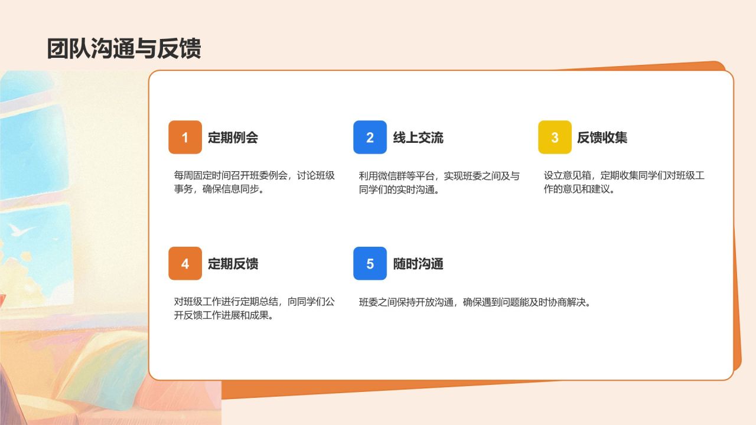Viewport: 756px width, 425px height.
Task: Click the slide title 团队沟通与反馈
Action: (x=124, y=48)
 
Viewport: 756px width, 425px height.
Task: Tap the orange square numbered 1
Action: (x=185, y=138)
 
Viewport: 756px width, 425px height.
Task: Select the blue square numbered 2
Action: (x=370, y=138)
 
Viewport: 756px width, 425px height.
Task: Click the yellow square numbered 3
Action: (x=555, y=138)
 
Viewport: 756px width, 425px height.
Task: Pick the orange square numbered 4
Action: (x=185, y=263)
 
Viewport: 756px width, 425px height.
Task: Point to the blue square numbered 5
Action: (x=370, y=263)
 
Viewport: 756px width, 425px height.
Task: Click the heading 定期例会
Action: (x=233, y=138)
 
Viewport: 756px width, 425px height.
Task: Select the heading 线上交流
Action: (x=418, y=138)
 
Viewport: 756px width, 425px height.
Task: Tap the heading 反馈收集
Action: (x=602, y=138)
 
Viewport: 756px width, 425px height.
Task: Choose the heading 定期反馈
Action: (x=233, y=264)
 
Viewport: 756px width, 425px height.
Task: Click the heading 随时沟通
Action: (x=418, y=264)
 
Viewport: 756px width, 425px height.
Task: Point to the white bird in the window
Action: (x=21, y=230)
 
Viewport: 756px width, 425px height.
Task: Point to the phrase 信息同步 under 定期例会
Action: (x=240, y=189)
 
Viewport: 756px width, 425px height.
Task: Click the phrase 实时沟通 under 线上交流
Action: (x=415, y=190)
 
